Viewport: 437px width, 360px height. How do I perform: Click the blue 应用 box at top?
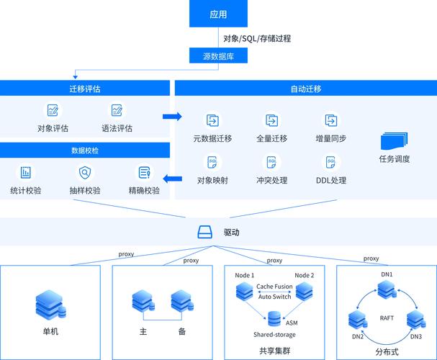[x=218, y=14]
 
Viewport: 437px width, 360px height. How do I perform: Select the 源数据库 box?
[x=218, y=55]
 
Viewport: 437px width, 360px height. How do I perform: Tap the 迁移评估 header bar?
[x=85, y=88]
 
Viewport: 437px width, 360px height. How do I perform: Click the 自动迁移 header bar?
[x=305, y=88]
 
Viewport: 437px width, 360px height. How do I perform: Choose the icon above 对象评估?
[x=53, y=110]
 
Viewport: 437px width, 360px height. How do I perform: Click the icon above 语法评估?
[x=117, y=110]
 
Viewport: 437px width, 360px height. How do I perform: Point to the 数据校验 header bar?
[x=85, y=150]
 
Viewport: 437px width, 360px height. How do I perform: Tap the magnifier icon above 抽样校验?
[x=85, y=172]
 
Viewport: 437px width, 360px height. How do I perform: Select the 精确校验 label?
[x=144, y=191]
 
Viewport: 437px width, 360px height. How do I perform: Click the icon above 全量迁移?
[x=271, y=120]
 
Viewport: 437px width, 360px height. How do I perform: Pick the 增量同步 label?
[x=330, y=138]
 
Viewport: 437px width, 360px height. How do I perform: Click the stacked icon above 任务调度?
[x=394, y=141]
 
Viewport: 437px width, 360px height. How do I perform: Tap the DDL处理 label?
[x=330, y=180]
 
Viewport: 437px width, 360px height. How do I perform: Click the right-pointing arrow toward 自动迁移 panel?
[x=172, y=116]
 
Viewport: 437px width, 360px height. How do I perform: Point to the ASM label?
[x=292, y=323]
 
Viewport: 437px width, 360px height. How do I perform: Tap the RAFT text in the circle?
[x=386, y=318]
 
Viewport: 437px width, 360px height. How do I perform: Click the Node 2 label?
[x=305, y=275]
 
